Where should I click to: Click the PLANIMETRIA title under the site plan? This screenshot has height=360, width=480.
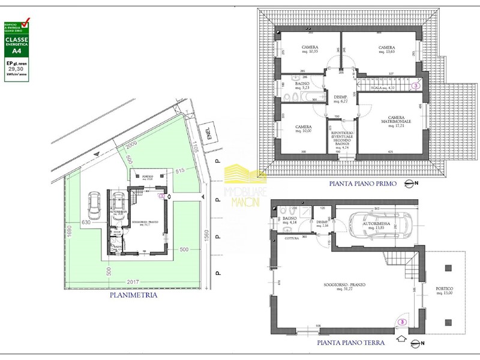pos(133,295)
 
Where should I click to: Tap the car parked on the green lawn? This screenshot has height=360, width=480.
pos(94,205)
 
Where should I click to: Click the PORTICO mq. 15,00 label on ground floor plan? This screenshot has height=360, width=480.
pos(445,291)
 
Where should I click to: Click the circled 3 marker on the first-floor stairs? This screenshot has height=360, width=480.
pos(415,86)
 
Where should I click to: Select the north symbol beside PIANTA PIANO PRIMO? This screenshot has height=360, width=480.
pos(410,183)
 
